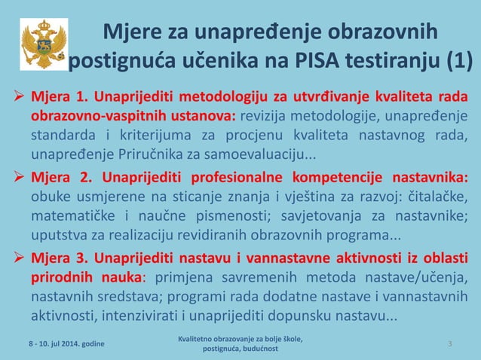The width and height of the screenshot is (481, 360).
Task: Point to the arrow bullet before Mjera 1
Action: click(17, 99)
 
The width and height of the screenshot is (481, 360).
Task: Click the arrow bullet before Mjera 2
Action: click(17, 179)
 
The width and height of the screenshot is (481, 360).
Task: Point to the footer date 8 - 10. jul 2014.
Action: click(63, 343)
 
